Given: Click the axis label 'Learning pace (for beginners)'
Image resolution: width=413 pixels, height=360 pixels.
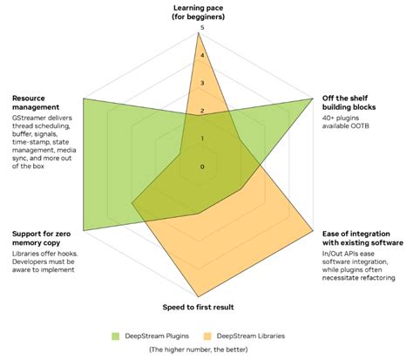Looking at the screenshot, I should [x=201, y=11].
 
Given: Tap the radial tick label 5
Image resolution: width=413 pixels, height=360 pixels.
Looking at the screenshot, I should [x=202, y=28].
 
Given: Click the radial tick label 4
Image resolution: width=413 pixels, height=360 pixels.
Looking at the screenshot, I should [x=202, y=55].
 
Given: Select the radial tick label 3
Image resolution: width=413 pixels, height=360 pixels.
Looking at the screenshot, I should [x=202, y=83].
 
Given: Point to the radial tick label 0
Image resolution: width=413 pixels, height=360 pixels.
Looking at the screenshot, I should [x=202, y=166].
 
